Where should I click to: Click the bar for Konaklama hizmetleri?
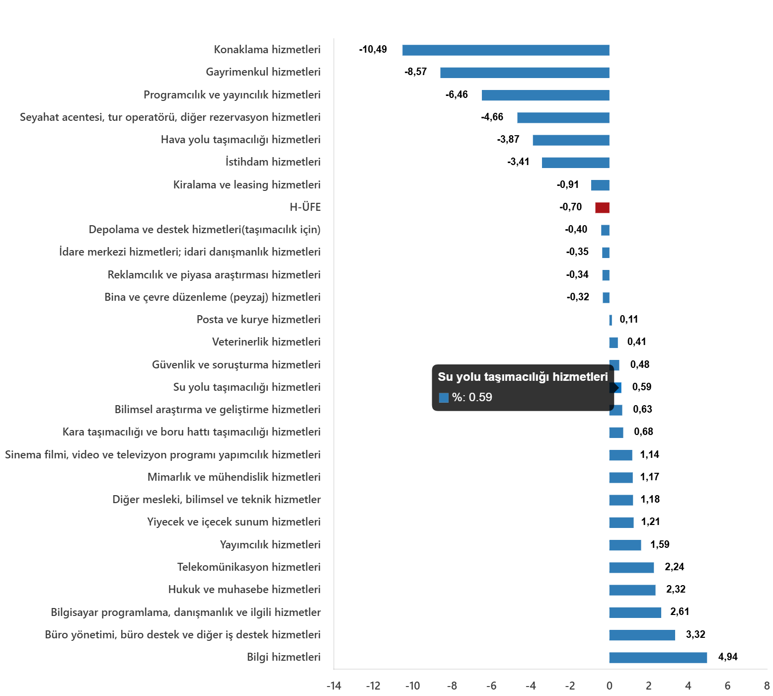[506, 50]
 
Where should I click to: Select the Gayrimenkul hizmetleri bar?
[525, 73]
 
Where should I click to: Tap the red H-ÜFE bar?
[602, 208]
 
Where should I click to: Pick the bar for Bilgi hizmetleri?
[658, 658]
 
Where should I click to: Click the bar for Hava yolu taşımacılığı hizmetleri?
[571, 140]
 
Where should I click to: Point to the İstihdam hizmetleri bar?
[575, 163]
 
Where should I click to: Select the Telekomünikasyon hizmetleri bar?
[631, 568]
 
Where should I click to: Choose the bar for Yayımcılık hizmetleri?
[625, 545]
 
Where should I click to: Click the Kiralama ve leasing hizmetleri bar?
[600, 185]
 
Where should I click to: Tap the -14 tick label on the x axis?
[334, 686]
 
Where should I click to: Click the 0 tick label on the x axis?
[610, 686]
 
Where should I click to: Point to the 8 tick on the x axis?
[767, 686]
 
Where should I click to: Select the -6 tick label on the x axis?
[491, 686]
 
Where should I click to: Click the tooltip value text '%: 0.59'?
[472, 397]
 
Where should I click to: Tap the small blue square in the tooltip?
[444, 398]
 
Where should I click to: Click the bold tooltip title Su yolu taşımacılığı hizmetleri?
[523, 377]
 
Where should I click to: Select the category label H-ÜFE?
[305, 207]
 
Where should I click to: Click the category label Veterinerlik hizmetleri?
[266, 342]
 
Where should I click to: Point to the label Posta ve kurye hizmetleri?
[258, 320]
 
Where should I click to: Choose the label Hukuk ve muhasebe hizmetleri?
[244, 590]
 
